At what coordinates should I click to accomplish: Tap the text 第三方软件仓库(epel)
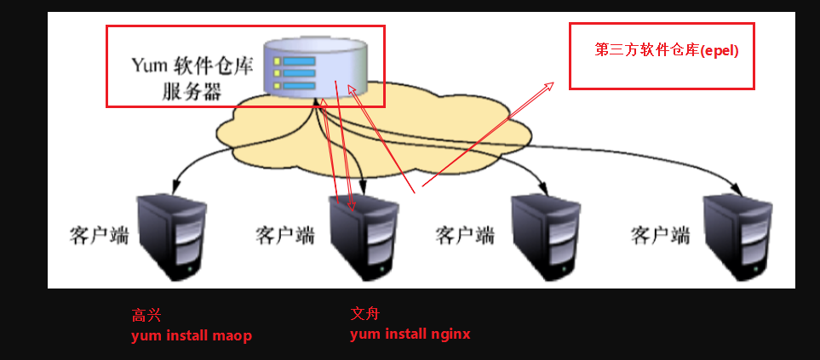click(667, 50)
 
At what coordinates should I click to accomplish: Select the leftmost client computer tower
click(173, 236)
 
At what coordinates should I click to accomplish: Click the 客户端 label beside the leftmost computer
click(99, 235)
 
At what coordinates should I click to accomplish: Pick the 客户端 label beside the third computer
click(465, 235)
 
